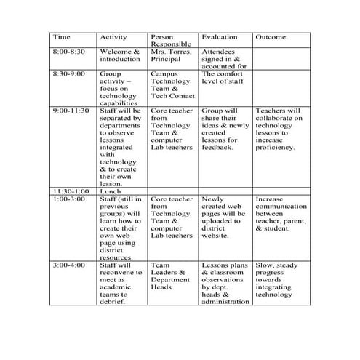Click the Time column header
62,37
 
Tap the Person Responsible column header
171,41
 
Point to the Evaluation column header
219,37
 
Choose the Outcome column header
271,37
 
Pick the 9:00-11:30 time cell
71,111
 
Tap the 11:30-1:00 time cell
71,191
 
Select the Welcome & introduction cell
119,56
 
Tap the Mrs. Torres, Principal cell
172,56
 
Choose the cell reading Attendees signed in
225,60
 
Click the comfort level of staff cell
225,78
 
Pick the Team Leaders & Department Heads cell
172,277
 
